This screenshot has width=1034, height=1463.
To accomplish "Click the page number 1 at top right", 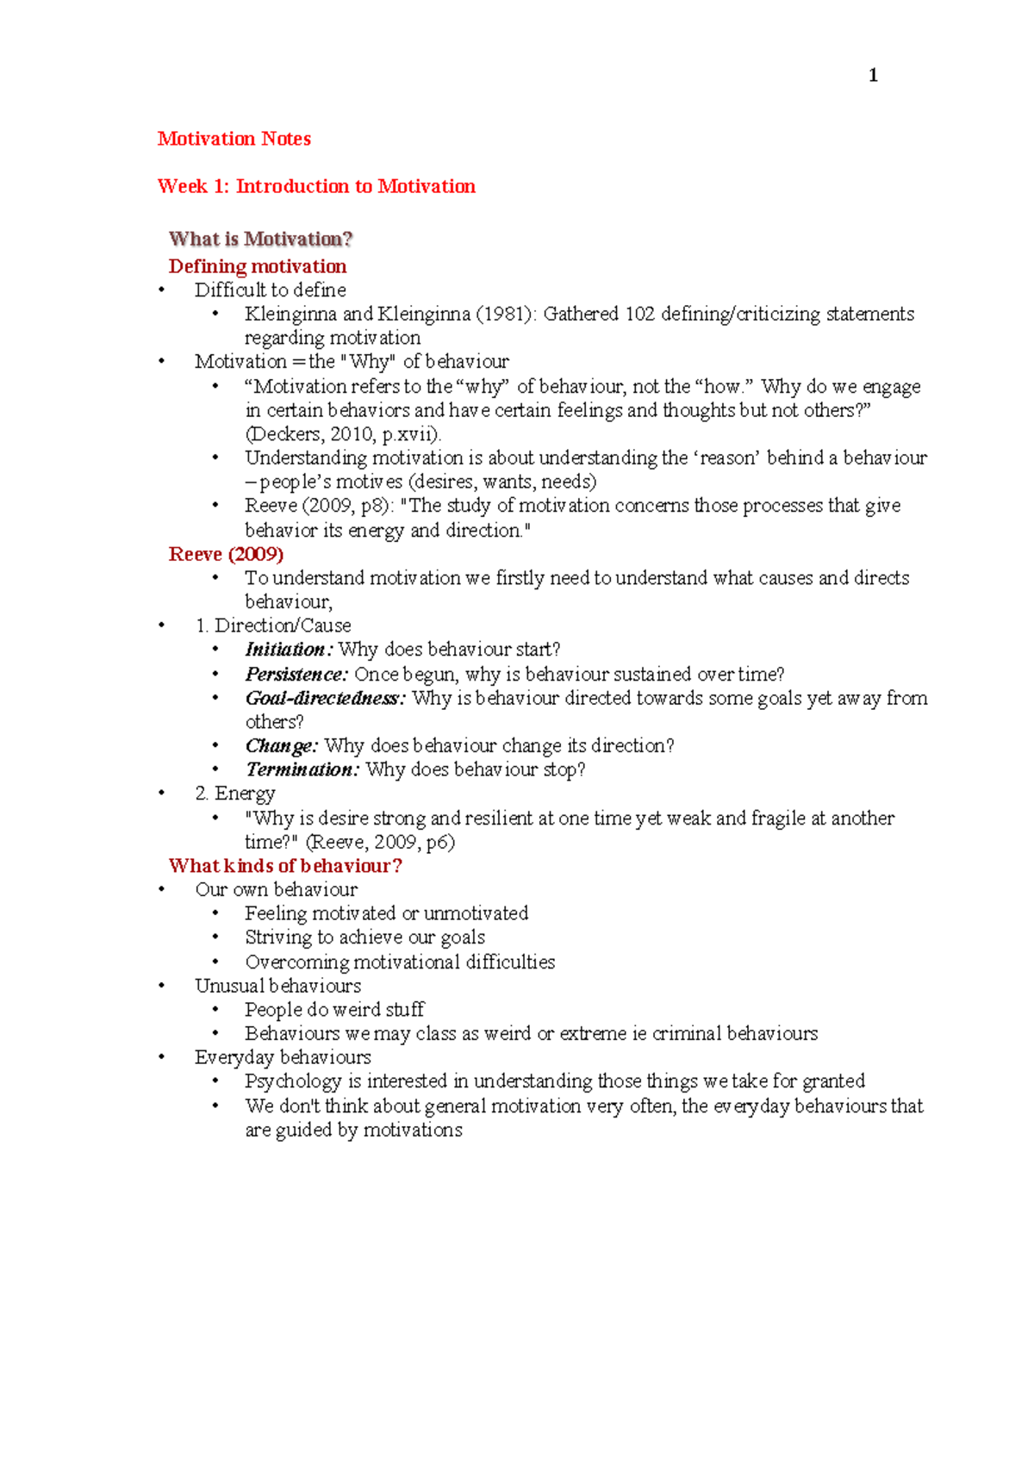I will (873, 76).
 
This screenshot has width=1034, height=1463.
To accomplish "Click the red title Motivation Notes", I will (234, 139).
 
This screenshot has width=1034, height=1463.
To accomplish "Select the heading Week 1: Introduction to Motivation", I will (316, 186).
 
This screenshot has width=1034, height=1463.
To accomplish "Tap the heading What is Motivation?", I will (260, 239).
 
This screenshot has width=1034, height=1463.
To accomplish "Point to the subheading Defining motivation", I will (258, 266).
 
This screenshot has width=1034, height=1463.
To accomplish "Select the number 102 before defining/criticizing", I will (640, 314).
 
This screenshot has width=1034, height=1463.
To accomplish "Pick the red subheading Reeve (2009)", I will (226, 554).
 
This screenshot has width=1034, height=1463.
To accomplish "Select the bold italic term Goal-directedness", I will (325, 698).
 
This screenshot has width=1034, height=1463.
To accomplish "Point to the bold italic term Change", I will (281, 746).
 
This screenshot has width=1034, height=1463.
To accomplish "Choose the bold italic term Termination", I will (302, 769).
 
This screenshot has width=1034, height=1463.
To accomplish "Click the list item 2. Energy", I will (235, 794).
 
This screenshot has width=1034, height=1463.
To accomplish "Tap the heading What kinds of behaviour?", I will (285, 866).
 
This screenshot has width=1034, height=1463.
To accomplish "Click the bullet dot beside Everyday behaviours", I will (161, 1057).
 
